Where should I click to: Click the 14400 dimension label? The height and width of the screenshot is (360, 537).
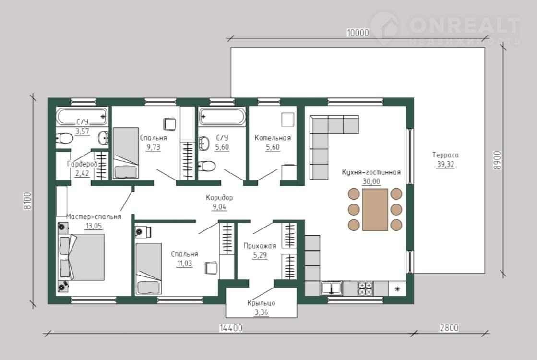point(231,328)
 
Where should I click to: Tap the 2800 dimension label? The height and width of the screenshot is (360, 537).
point(449,328)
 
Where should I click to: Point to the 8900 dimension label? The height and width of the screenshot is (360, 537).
point(497,160)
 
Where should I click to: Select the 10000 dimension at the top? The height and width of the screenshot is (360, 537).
point(358,33)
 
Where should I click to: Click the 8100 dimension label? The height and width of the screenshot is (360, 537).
point(27,201)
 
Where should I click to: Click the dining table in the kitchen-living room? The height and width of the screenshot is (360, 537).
point(375,209)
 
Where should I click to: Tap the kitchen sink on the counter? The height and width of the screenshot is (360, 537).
point(331,288)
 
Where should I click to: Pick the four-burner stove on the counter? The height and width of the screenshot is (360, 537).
point(365,288)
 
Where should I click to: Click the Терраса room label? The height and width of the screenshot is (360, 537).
point(445,155)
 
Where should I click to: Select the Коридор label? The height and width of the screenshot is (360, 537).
point(219,198)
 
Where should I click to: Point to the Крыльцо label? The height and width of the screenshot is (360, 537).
point(261,303)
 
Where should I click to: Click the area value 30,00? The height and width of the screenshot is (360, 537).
point(371,181)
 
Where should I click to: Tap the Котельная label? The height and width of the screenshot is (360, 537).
point(273,138)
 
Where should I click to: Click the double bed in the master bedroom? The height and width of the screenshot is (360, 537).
point(81,257)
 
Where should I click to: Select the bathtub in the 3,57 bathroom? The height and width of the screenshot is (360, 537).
point(82,117)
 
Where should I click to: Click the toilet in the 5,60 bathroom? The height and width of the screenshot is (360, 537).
point(207,167)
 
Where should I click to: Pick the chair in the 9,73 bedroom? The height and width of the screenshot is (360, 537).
point(169,124)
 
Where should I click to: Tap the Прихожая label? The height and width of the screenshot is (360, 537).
point(260,246)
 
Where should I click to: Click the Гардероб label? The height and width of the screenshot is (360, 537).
point(82,164)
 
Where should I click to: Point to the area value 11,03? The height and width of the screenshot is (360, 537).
point(184,264)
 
